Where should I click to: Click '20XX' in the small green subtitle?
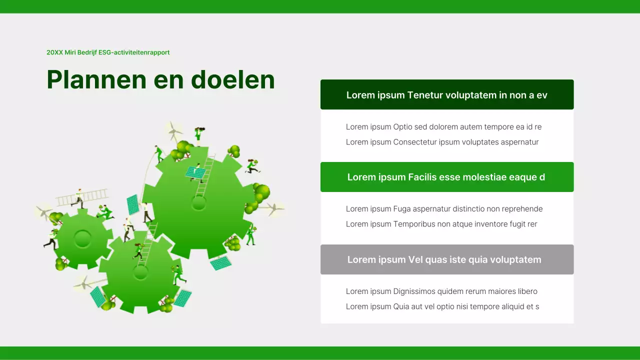click(54, 52)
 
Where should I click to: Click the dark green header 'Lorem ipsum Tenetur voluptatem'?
click(446, 95)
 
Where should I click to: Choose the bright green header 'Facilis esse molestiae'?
click(446, 177)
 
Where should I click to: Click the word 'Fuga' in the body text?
click(402, 209)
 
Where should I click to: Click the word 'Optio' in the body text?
click(403, 127)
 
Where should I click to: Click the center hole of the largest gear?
click(199, 203)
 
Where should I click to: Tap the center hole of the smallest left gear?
click(82, 238)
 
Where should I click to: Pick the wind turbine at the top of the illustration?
click(173, 131)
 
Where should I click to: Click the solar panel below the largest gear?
click(220, 262)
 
